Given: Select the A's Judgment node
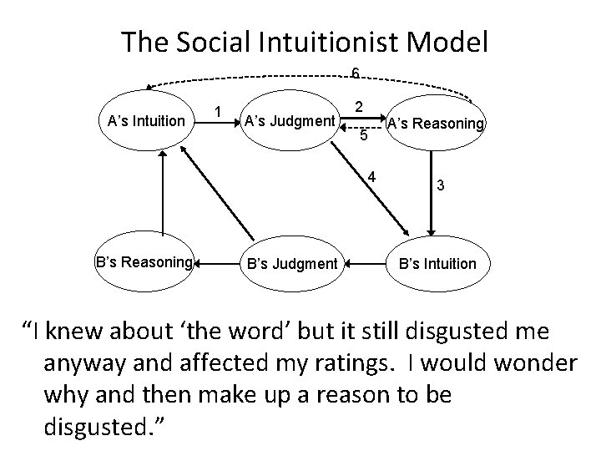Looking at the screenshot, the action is click(288, 121).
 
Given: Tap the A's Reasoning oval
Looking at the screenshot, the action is click(434, 124).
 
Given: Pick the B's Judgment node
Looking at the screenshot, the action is click(289, 265).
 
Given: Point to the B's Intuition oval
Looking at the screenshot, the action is click(437, 264).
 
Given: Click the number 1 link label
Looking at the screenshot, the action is click(218, 111).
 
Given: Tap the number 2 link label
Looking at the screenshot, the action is click(357, 107).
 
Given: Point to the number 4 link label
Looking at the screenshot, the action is click(372, 176).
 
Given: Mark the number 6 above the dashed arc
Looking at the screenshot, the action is click(355, 74).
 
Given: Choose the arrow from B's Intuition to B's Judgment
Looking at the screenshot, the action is click(366, 264).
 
